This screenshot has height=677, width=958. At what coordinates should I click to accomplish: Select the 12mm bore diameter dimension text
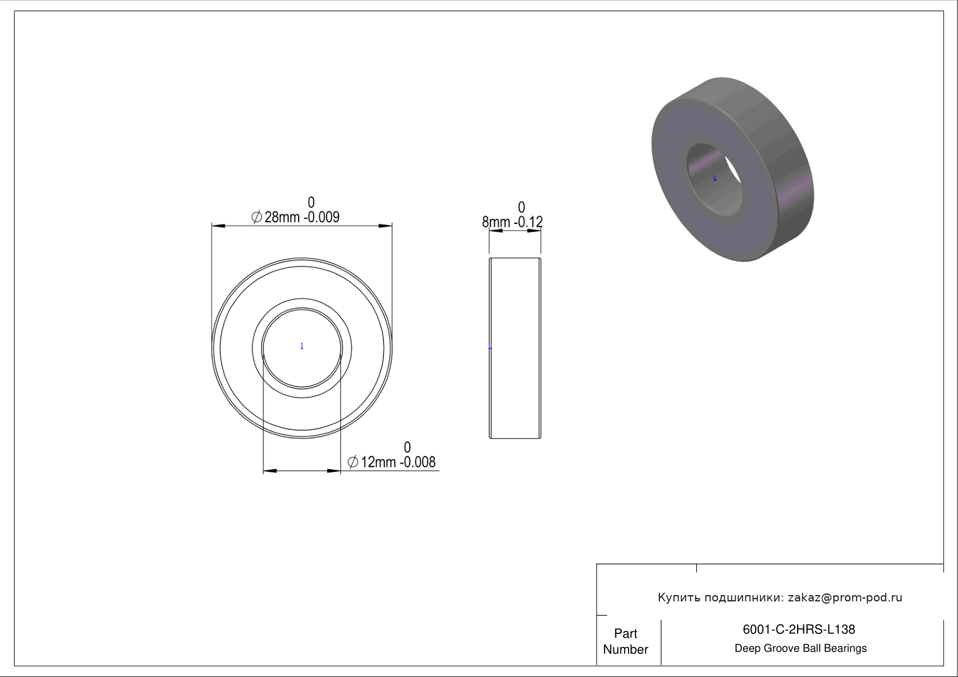coord(378,462)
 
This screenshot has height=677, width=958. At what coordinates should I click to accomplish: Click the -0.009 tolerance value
coord(321,217)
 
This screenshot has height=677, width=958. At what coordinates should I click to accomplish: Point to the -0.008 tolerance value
coord(418,462)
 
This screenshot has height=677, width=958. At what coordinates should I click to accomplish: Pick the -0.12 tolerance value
coord(528,222)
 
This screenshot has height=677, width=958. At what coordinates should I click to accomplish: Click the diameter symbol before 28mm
coord(257,217)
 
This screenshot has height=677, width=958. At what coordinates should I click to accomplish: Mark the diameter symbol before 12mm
coord(353,462)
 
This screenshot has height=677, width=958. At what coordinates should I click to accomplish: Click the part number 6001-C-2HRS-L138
coord(799,629)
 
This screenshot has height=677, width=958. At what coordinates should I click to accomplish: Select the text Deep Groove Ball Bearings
coord(800,649)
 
